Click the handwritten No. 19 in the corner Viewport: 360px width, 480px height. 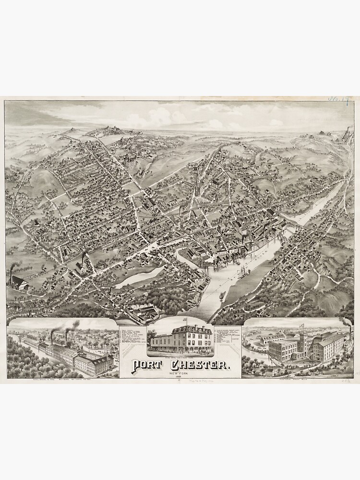click(339, 99)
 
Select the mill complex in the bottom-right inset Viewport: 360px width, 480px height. click(307, 346)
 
